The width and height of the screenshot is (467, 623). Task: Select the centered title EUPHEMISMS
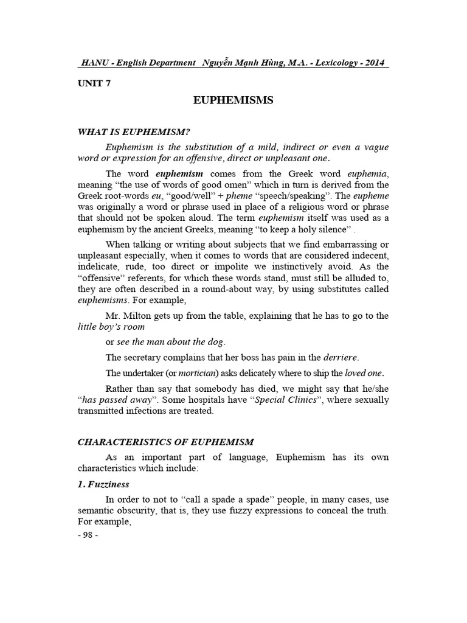[234, 100]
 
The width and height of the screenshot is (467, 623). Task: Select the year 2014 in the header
[373, 63]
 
